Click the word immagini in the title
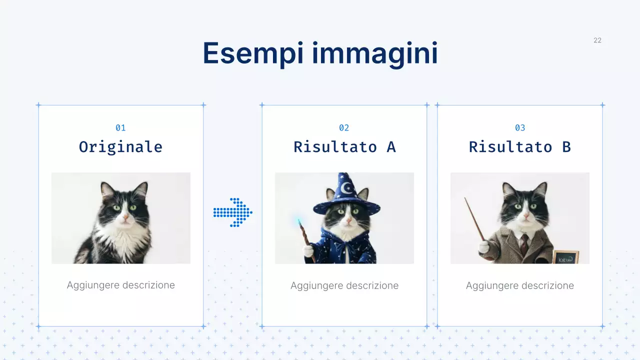(375, 53)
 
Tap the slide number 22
(597, 40)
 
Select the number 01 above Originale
(120, 128)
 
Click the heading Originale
(120, 147)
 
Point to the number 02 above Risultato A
(344, 128)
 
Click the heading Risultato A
(344, 147)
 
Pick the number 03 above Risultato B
(520, 128)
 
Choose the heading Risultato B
(520, 147)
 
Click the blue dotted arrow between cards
(233, 212)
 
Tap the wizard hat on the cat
(344, 192)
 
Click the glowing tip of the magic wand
(298, 220)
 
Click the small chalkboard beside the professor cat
(565, 257)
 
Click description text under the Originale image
(120, 285)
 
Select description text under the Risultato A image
(344, 285)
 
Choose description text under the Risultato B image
(520, 285)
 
